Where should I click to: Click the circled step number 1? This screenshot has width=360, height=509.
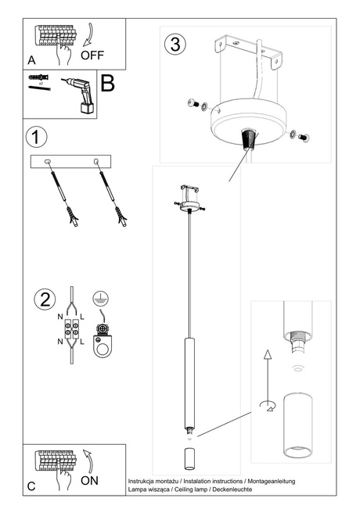(x=34, y=138)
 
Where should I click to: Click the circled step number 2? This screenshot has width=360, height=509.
(x=45, y=299)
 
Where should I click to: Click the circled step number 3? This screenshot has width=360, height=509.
(x=176, y=44)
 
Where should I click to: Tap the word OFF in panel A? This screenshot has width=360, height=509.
(x=92, y=56)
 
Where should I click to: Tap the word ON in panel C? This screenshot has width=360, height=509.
(x=89, y=481)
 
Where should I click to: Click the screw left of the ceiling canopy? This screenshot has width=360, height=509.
(x=196, y=104)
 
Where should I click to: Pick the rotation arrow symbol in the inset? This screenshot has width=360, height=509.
(x=265, y=405)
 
